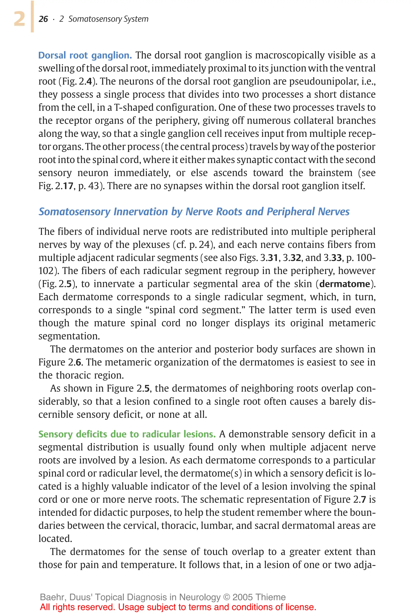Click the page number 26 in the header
[x=43, y=19]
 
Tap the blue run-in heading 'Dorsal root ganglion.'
[x=85, y=55]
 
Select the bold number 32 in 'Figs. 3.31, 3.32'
[x=296, y=258]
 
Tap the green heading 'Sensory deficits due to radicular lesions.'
[x=127, y=434]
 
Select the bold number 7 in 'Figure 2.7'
[x=363, y=499]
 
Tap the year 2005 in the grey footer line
[x=242, y=597]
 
